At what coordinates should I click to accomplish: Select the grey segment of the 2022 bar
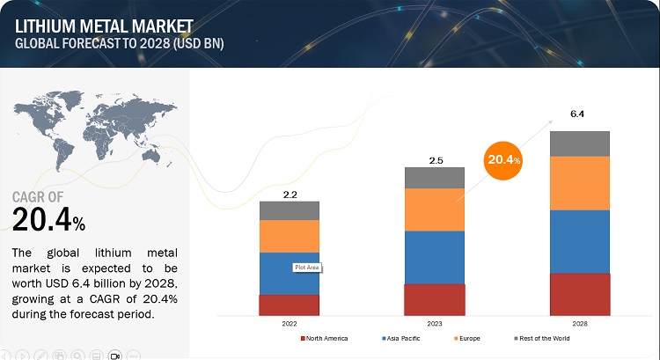[290, 210]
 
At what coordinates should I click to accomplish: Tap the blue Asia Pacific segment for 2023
[434, 257]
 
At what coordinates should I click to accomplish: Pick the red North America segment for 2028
[579, 294]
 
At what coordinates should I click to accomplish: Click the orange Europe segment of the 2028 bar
[579, 183]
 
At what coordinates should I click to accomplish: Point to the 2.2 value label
[290, 192]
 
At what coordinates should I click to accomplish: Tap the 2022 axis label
[290, 324]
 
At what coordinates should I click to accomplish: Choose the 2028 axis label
[579, 324]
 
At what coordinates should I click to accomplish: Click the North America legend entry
[326, 338]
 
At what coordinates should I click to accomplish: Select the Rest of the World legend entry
[544, 338]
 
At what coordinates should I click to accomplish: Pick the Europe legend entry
[468, 338]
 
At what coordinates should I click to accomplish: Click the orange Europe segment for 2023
[434, 209]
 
